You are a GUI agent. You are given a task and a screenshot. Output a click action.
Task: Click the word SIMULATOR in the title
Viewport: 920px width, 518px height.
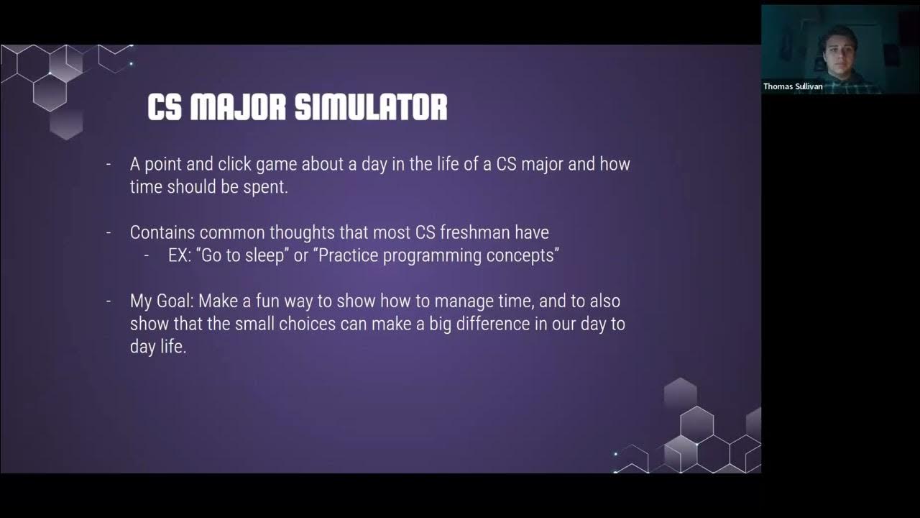(x=371, y=107)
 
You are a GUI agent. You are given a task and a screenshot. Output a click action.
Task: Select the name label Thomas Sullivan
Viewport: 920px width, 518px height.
(x=792, y=86)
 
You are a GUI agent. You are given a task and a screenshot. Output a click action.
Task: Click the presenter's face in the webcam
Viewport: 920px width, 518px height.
(x=837, y=49)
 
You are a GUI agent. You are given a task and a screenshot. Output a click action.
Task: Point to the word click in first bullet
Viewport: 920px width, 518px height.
(x=232, y=164)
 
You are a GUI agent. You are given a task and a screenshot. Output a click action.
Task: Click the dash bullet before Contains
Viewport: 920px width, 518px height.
(x=109, y=232)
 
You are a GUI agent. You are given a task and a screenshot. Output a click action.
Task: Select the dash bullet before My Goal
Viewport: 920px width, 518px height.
(x=109, y=301)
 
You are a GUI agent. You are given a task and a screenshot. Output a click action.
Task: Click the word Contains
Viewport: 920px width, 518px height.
(x=162, y=232)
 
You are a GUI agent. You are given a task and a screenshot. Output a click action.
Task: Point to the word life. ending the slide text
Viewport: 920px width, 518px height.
(x=172, y=347)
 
